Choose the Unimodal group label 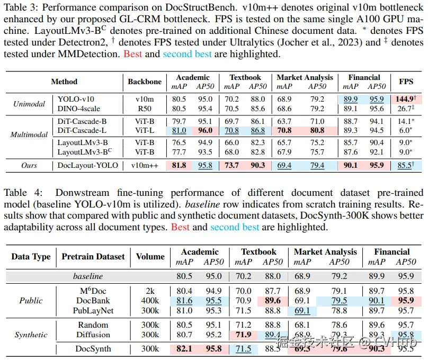[x=29, y=103]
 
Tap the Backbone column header [x=144, y=82]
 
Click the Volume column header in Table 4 [x=150, y=257]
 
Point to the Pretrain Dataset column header [x=93, y=257]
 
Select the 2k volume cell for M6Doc [x=150, y=291]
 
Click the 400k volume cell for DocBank [x=150, y=301]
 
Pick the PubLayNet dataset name [x=93, y=311]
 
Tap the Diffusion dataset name [x=93, y=335]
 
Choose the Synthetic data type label [x=31, y=335]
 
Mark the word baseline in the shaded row [x=88, y=276]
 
